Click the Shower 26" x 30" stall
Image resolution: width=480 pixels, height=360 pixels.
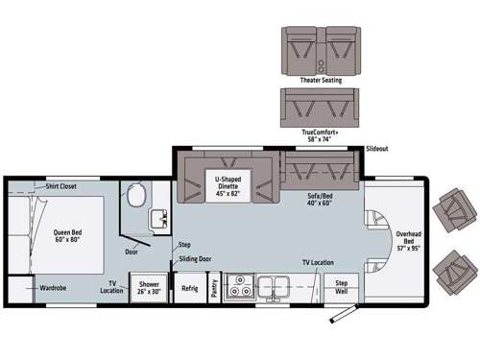coord(149,288)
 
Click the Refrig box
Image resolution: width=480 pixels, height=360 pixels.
coord(189,287)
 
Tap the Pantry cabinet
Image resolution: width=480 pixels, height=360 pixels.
coord(214,286)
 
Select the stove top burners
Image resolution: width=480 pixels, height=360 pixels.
coord(238,285)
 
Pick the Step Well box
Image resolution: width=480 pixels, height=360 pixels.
coord(342,286)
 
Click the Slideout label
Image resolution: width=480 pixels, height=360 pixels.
coord(376,150)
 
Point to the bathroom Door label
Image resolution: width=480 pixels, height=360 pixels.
coord(131,252)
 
